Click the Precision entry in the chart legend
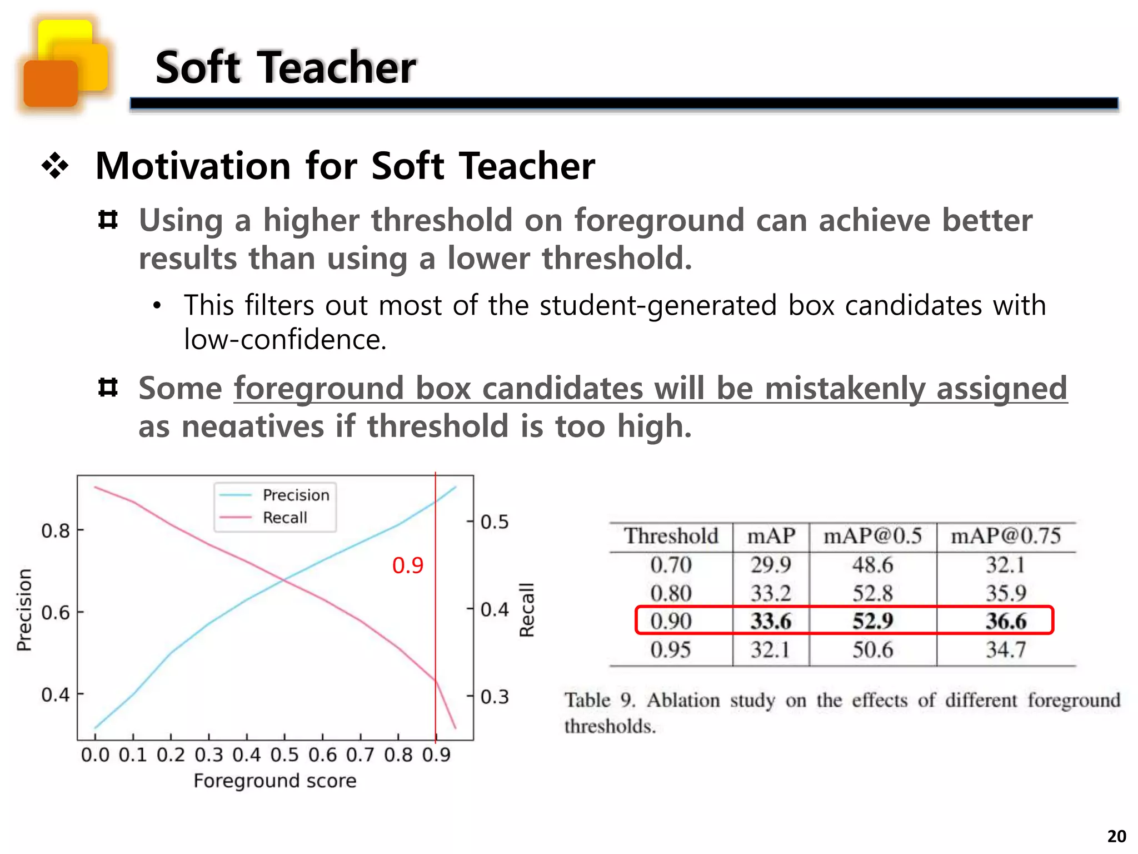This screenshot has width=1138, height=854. pyautogui.click(x=296, y=495)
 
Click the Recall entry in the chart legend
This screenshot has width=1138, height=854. pyautogui.click(x=284, y=518)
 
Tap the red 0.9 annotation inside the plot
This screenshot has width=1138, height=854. pyautogui.click(x=408, y=565)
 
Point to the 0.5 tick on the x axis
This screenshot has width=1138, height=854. pyautogui.click(x=284, y=755)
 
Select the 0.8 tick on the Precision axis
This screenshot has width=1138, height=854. pyautogui.click(x=56, y=530)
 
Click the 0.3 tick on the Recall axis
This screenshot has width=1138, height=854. pyautogui.click(x=495, y=697)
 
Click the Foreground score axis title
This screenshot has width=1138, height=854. pyautogui.click(x=275, y=781)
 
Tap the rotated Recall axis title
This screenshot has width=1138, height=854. pyautogui.click(x=526, y=610)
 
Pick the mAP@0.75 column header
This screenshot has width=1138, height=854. pyautogui.click(x=1006, y=536)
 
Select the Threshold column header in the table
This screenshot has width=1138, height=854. pyautogui.click(x=671, y=536)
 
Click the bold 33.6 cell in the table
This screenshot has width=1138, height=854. pyautogui.click(x=771, y=621)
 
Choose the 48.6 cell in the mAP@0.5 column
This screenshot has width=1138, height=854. pyautogui.click(x=872, y=565)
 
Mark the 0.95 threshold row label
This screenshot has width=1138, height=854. pyautogui.click(x=671, y=649)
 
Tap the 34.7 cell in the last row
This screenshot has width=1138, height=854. pyautogui.click(x=1006, y=649)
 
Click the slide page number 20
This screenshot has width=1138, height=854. pyautogui.click(x=1117, y=836)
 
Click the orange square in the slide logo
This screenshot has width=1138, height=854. pyautogui.click(x=50, y=83)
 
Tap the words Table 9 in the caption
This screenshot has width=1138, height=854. pyautogui.click(x=600, y=700)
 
